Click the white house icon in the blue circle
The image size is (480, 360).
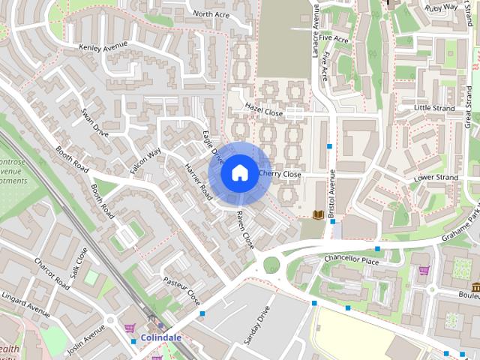[239, 172]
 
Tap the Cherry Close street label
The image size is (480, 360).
[280, 174]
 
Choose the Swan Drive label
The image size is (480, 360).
[95, 122]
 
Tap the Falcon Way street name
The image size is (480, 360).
[145, 161]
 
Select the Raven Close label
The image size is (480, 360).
[245, 230]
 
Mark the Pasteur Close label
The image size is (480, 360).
[184, 289]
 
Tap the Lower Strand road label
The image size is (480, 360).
[436, 178]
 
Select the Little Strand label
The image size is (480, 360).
[434, 109]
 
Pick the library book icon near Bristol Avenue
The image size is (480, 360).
[318, 215]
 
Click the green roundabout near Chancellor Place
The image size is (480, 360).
[270, 265]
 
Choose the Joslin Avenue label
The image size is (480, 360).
[85, 340]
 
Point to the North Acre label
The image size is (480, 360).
[211, 13]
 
